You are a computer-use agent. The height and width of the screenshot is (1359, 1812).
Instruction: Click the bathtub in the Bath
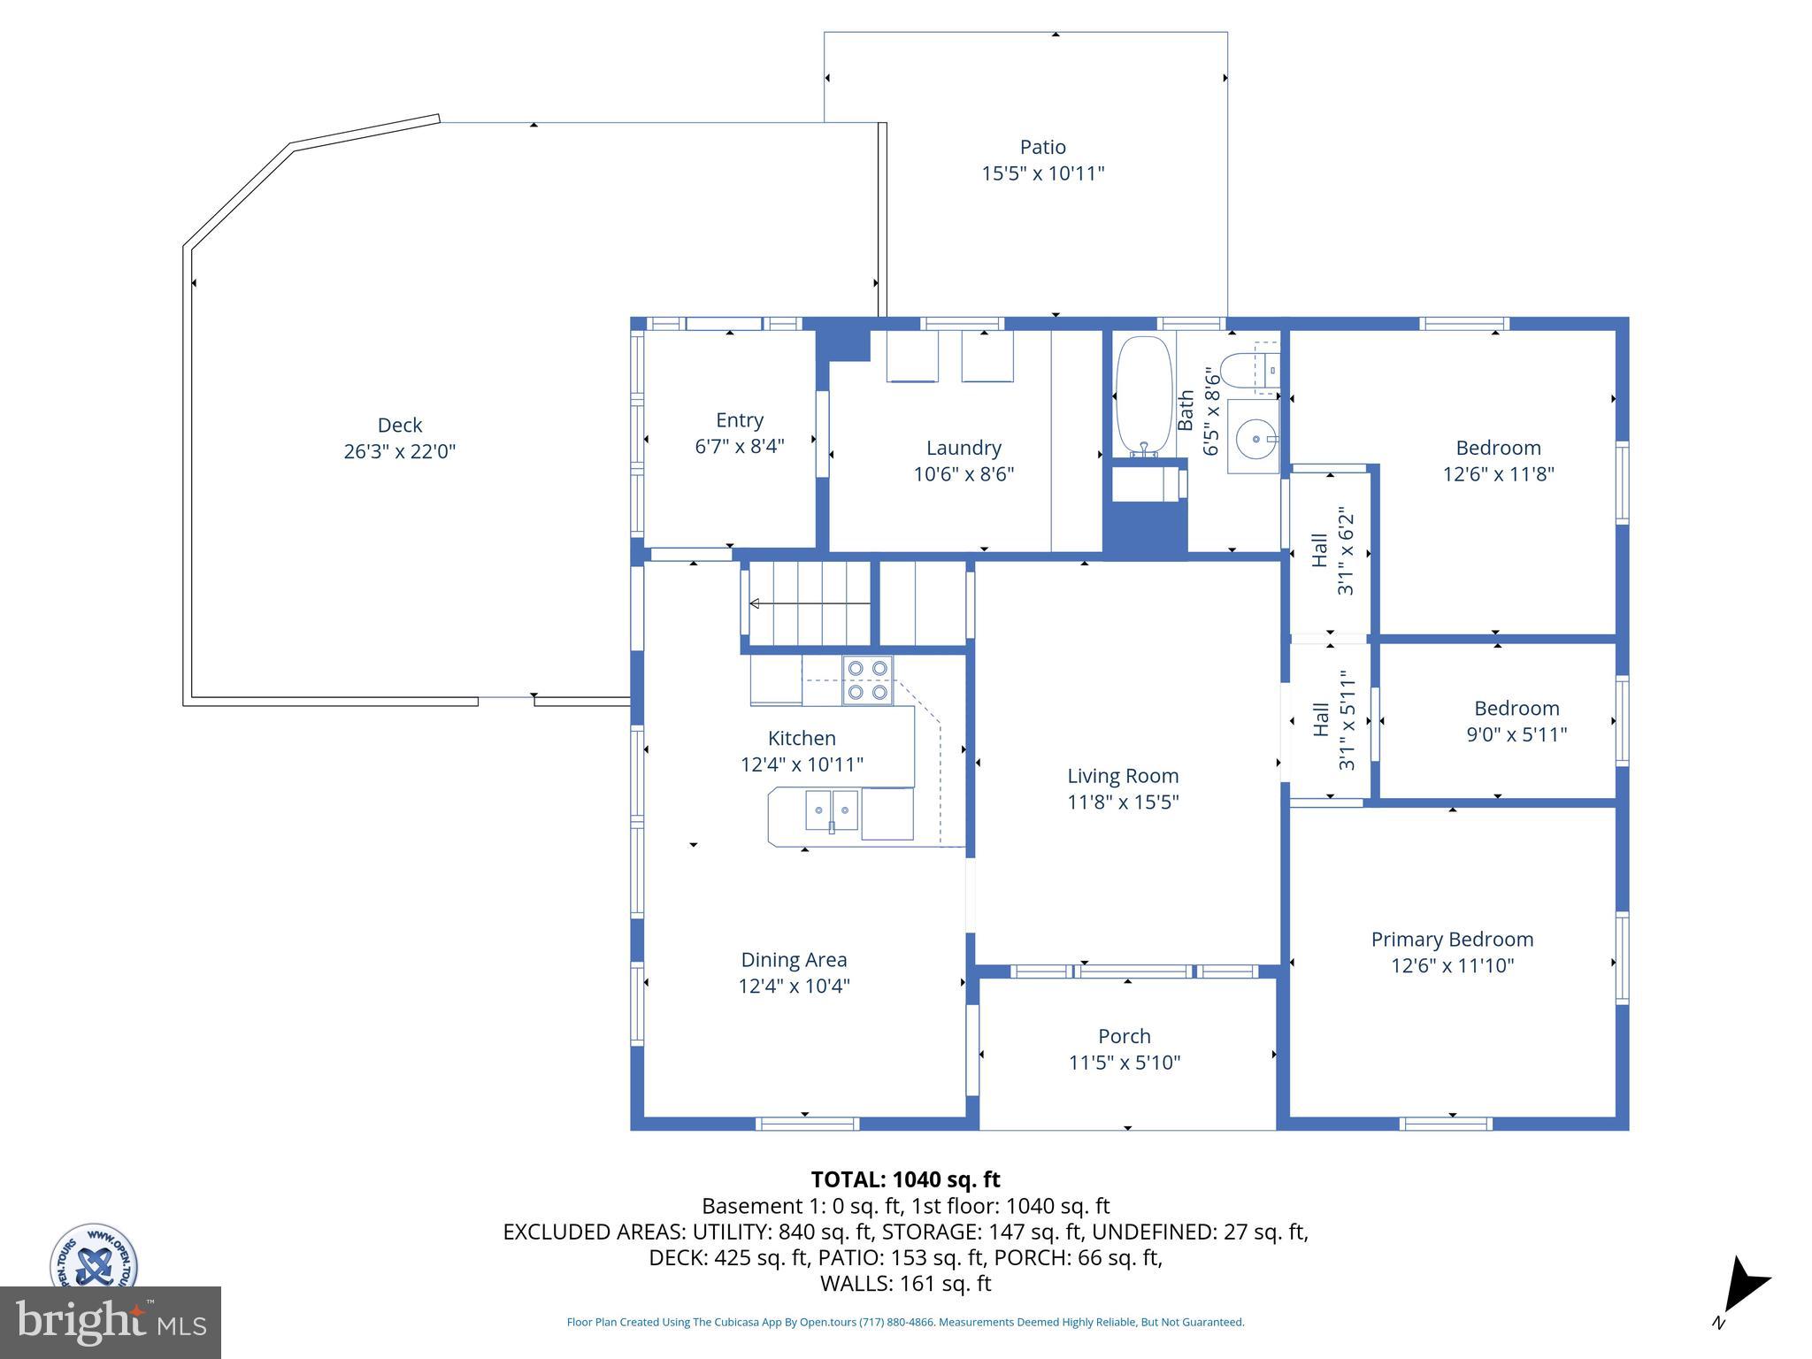[1144, 396]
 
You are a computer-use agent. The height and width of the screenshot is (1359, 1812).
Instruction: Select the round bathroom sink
[1255, 438]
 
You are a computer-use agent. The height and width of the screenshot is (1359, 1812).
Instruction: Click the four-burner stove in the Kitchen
[867, 680]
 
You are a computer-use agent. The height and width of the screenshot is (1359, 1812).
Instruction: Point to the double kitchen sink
[832, 810]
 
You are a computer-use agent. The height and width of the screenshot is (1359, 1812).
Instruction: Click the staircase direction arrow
[810, 603]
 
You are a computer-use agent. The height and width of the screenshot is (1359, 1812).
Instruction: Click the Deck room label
[400, 425]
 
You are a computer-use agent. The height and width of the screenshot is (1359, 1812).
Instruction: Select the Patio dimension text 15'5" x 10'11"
[1043, 173]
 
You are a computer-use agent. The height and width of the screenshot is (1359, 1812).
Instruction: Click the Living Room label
[1123, 776]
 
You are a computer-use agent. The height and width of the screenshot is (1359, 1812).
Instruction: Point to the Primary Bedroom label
[1452, 940]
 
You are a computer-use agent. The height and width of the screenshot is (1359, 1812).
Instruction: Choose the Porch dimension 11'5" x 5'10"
[1125, 1063]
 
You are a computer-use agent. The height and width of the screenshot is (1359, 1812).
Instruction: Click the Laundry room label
[964, 448]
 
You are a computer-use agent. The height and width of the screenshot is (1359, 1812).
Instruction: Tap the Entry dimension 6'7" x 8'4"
[740, 446]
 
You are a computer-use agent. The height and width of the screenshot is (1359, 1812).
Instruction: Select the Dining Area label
[794, 960]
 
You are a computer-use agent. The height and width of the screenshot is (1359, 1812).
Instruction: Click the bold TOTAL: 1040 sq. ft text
[905, 1179]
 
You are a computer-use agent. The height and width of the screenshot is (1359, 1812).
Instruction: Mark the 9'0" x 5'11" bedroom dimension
[1516, 734]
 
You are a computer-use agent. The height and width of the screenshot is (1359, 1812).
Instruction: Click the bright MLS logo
[111, 1322]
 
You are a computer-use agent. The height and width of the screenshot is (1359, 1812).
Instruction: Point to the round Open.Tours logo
[94, 1256]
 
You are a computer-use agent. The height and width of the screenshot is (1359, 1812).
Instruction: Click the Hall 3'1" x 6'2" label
[1332, 550]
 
